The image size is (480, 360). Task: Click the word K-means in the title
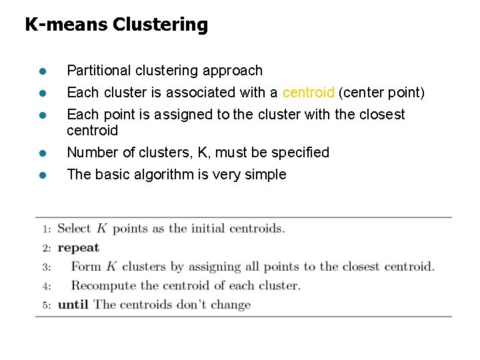click(66, 25)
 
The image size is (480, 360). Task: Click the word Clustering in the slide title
click(160, 25)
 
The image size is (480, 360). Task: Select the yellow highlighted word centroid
click(308, 93)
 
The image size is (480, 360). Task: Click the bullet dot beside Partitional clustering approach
click(41, 71)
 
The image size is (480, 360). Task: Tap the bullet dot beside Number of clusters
click(41, 153)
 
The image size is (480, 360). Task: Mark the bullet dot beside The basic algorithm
click(41, 175)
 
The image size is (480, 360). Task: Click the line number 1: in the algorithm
click(46, 229)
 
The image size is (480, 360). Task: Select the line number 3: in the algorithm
click(46, 267)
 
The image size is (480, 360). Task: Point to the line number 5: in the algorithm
click(46, 305)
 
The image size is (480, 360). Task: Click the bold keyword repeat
click(78, 248)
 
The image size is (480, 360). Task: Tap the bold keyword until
click(73, 305)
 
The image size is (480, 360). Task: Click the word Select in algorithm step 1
click(74, 229)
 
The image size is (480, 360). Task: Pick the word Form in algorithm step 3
click(86, 267)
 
